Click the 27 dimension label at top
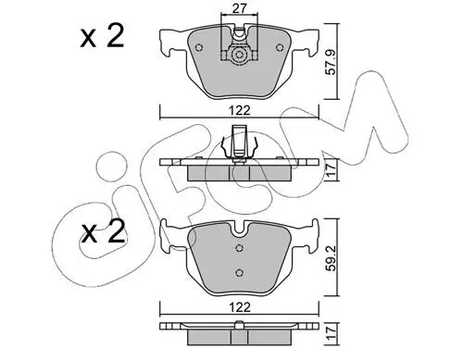pyautogui.click(x=239, y=8)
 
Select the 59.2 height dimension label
pyautogui.click(x=332, y=258)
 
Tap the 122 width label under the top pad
pyautogui.click(x=240, y=110)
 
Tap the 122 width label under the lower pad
pyautogui.click(x=240, y=307)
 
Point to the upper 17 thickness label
pyautogui.click(x=331, y=170)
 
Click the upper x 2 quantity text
pyautogui.click(x=102, y=36)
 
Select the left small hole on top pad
pyautogui.click(x=199, y=47)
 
